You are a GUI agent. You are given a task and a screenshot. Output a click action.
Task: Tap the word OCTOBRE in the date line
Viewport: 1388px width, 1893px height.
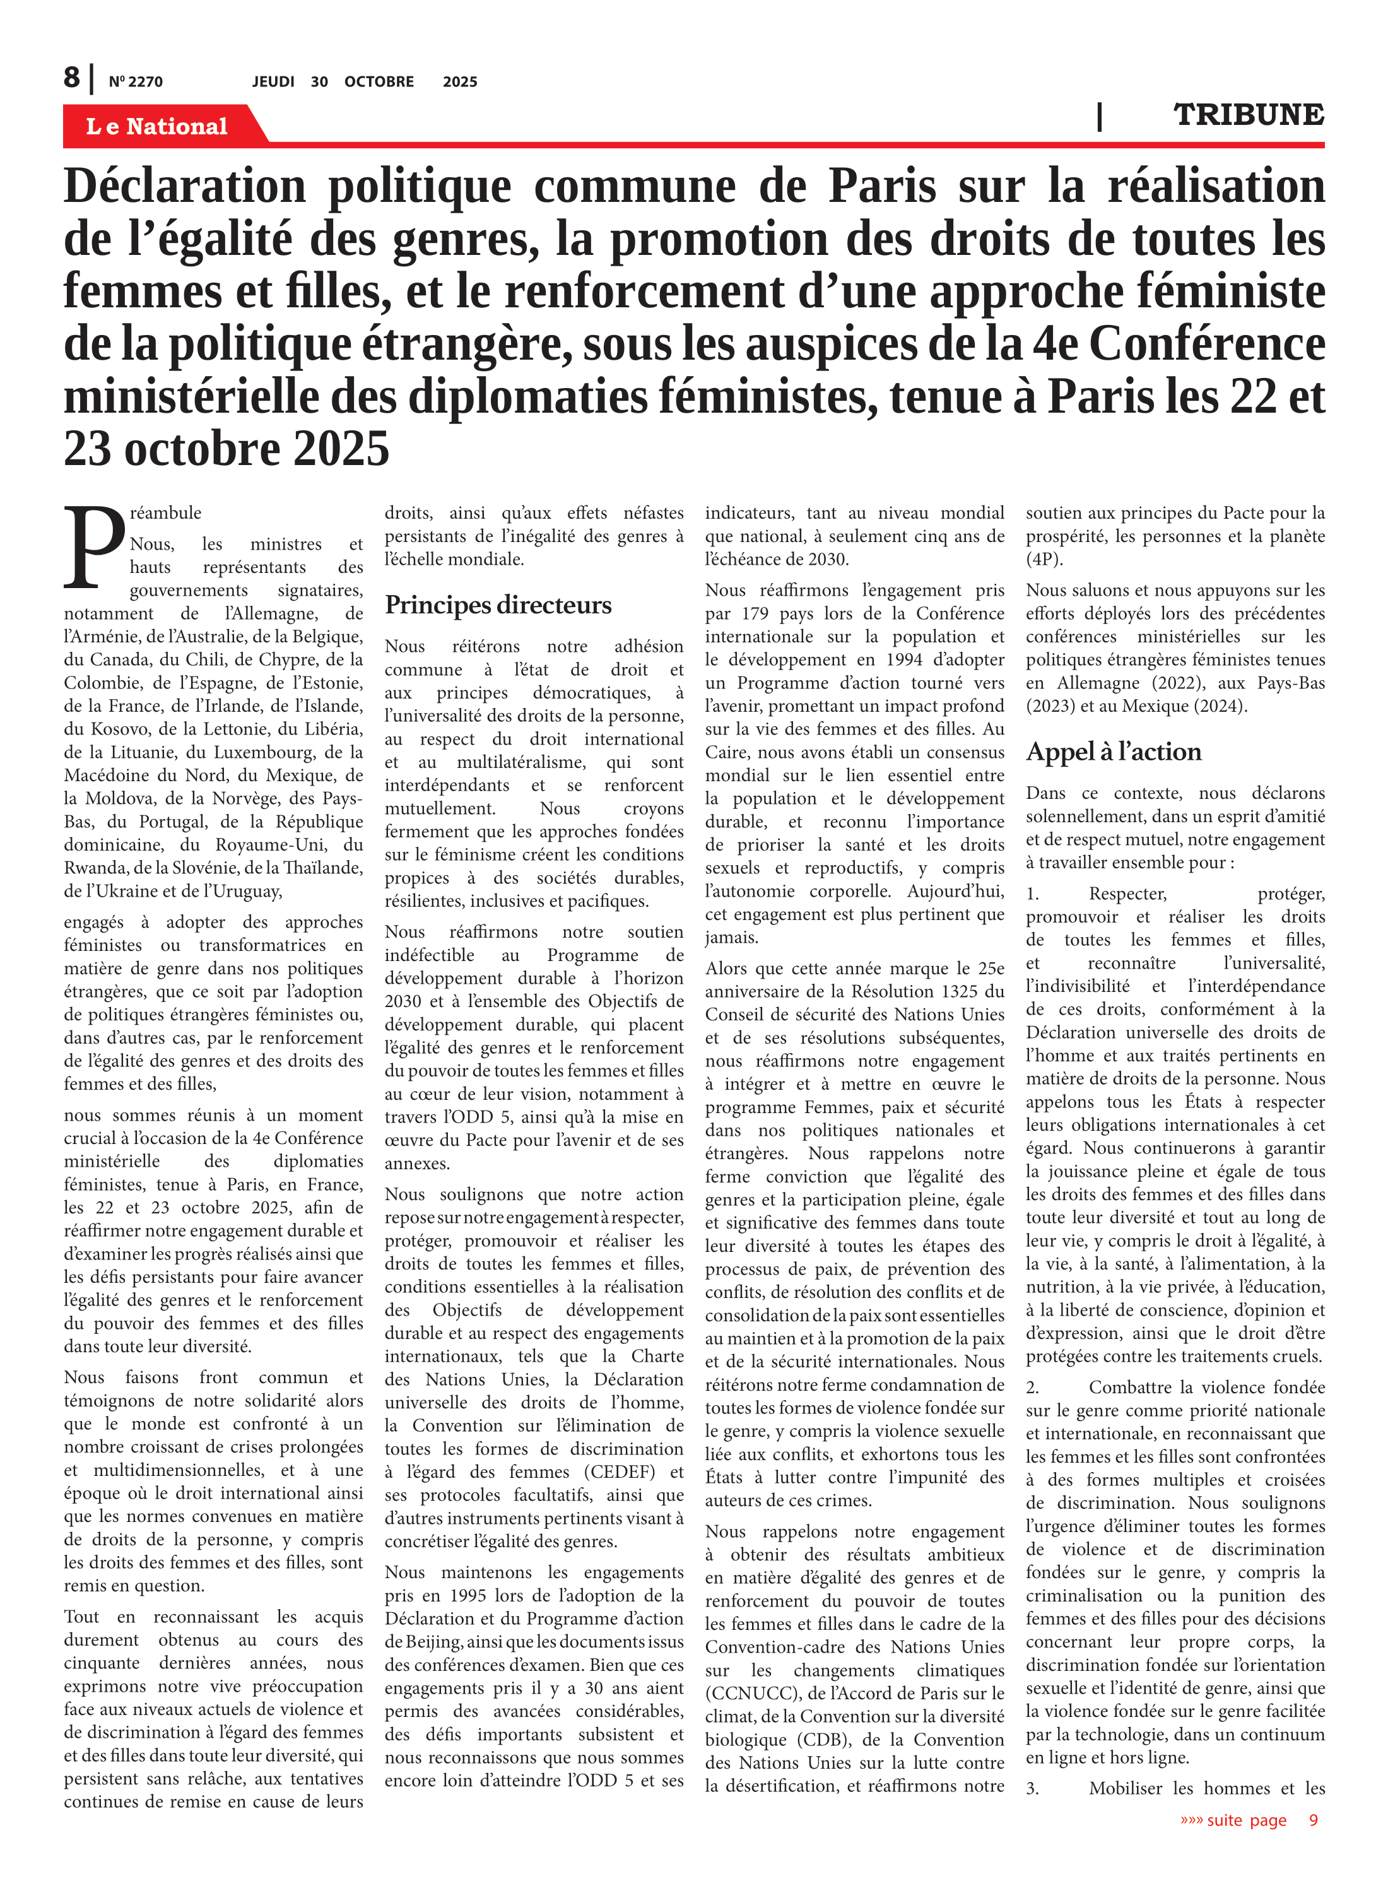(x=379, y=81)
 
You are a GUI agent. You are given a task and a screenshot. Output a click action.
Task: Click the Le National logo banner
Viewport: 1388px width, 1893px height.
(x=157, y=126)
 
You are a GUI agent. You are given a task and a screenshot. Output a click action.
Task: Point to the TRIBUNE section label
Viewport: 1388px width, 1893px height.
(x=1248, y=114)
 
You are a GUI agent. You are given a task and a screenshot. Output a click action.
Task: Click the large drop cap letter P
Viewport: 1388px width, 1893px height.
(x=94, y=546)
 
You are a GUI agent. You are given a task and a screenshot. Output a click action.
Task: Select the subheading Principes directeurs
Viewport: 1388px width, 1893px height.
(x=497, y=605)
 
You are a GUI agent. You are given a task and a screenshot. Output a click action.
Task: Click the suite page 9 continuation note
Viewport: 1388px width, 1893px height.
(x=1249, y=1820)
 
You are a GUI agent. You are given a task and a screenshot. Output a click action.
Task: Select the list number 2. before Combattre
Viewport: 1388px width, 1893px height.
(x=1033, y=1387)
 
